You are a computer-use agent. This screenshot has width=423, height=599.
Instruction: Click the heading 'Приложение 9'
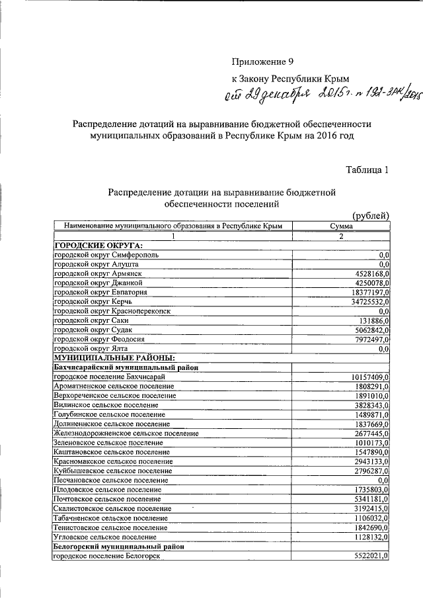coord(262,62)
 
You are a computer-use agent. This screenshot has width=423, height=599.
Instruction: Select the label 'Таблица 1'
coord(367,169)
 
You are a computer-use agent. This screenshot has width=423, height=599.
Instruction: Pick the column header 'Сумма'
coord(341,226)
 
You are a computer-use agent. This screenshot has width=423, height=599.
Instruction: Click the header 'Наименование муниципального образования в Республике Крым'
coord(173,226)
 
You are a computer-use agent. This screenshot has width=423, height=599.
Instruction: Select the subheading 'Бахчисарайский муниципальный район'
coord(126,367)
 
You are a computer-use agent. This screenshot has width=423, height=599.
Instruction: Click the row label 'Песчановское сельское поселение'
coord(110,480)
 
